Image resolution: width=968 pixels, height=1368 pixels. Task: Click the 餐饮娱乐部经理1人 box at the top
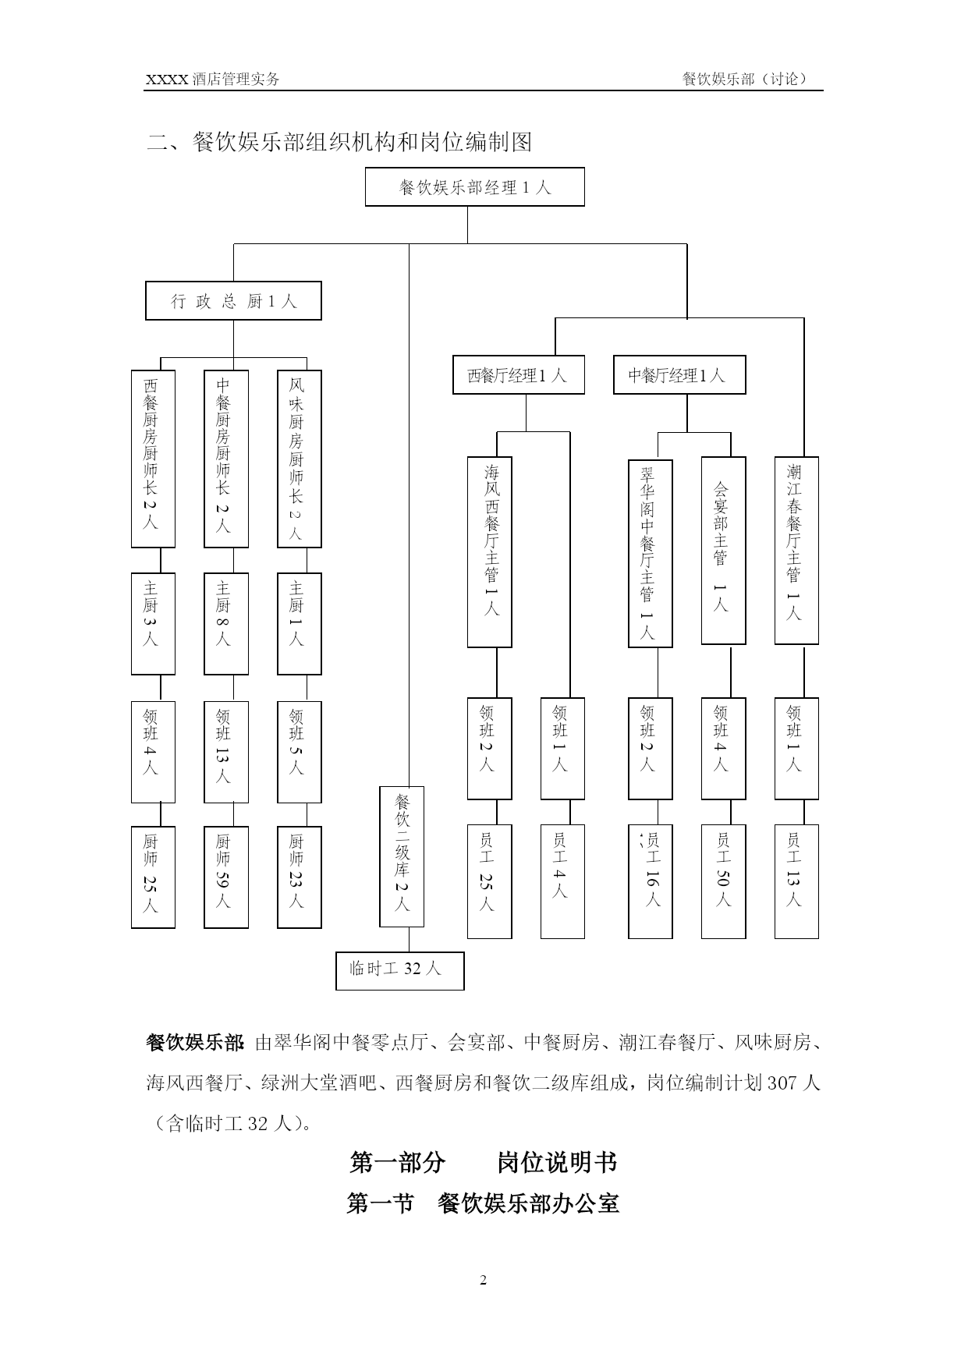click(x=474, y=187)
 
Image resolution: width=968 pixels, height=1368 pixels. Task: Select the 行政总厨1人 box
click(x=233, y=301)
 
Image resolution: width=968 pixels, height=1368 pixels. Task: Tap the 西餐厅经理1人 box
click(x=519, y=375)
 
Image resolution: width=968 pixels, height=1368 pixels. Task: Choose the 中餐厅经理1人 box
click(x=679, y=375)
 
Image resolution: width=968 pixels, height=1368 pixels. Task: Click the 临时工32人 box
click(x=400, y=971)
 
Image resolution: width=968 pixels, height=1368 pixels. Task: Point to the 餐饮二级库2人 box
click(x=402, y=856)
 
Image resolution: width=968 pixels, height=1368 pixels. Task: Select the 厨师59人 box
click(x=226, y=877)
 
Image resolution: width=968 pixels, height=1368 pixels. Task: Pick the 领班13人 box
click(x=226, y=752)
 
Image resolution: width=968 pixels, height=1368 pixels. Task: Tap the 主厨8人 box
click(x=226, y=624)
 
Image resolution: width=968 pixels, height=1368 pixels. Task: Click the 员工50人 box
click(x=724, y=881)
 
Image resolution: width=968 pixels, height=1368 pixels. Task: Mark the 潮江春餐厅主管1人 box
click(x=796, y=551)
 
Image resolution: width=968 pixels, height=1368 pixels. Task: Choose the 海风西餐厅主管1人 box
click(x=490, y=552)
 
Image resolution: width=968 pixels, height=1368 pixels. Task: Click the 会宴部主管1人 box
click(x=724, y=551)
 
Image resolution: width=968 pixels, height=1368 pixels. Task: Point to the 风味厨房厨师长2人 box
click(x=300, y=459)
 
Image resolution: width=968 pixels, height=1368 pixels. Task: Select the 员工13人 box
click(x=796, y=881)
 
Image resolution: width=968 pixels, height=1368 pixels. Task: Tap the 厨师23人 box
click(x=300, y=877)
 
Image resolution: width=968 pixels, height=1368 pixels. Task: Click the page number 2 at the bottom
click(x=484, y=1280)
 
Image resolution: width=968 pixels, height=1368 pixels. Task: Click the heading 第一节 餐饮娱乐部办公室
click(x=483, y=1203)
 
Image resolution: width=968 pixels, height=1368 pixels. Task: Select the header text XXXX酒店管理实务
click(x=213, y=79)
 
